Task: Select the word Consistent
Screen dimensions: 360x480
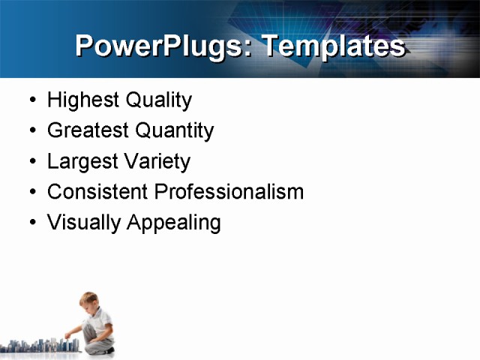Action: pos(97,192)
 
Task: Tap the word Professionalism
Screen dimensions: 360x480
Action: pos(229,192)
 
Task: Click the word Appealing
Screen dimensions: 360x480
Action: pos(173,223)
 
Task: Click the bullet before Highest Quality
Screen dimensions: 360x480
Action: pos(31,100)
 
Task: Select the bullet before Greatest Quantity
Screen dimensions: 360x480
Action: pos(31,131)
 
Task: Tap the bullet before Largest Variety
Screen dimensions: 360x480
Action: pos(31,162)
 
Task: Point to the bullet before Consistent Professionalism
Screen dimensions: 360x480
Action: pos(31,193)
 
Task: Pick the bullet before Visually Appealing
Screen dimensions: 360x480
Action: pos(31,223)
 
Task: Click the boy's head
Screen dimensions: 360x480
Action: pos(89,301)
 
